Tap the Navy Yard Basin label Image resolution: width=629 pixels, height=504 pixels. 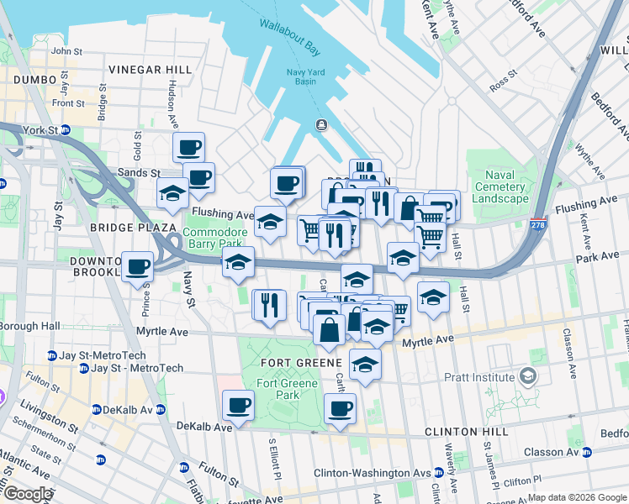click(305, 76)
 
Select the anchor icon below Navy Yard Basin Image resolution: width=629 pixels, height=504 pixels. click(321, 126)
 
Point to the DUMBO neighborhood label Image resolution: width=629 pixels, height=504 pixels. click(34, 80)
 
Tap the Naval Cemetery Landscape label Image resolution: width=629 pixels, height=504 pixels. click(499, 187)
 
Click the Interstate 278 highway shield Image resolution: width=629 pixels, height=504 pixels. click(537, 224)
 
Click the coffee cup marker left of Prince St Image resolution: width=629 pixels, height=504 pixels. click(138, 267)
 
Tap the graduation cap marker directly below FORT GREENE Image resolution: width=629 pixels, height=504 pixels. click(365, 364)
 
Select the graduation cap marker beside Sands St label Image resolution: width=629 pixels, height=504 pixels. click(172, 192)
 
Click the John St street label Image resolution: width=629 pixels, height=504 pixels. click(66, 51)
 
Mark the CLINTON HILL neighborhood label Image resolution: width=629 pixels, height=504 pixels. click(466, 431)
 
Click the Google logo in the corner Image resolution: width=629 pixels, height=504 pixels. click(28, 494)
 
